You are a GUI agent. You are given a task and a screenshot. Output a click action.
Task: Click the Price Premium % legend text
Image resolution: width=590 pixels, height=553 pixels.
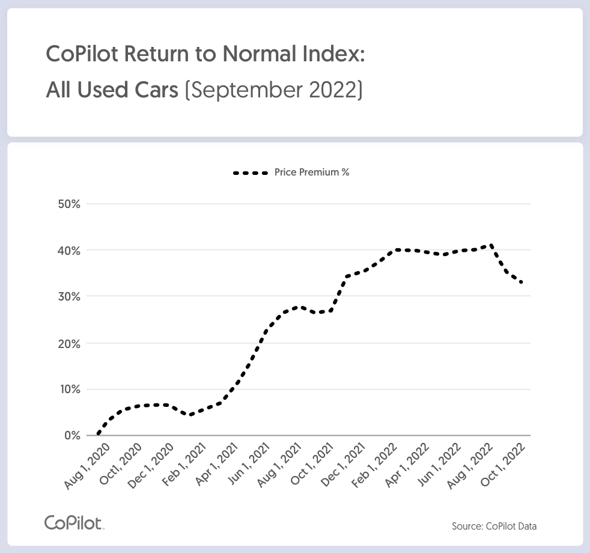click(x=312, y=173)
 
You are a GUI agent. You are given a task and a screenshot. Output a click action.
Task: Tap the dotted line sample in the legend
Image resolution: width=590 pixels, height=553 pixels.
click(x=250, y=173)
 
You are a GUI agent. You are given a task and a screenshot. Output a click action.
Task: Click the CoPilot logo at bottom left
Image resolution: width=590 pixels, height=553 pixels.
click(x=75, y=522)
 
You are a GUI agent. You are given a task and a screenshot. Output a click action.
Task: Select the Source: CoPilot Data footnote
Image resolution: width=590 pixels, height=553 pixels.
click(x=494, y=527)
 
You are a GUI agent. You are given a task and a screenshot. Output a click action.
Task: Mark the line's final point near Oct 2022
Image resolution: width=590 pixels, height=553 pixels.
click(x=522, y=283)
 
